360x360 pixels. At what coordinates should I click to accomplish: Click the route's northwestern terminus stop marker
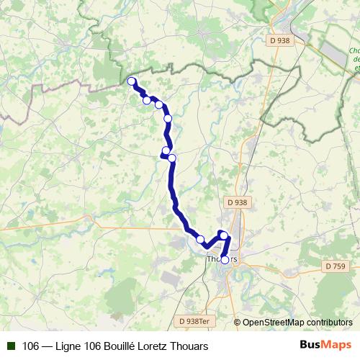132,81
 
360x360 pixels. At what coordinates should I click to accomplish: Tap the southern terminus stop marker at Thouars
225,260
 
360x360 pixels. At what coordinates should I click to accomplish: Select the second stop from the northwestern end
147,100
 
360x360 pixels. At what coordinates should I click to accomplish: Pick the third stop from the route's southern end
200,238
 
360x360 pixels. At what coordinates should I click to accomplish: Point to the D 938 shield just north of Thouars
237,203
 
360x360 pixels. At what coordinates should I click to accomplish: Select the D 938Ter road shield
194,321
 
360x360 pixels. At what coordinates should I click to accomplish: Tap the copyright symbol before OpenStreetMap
238,323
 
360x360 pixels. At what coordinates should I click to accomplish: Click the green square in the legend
10,346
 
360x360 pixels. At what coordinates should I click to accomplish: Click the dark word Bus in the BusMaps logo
310,345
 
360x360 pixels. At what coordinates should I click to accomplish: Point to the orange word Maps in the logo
337,345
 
